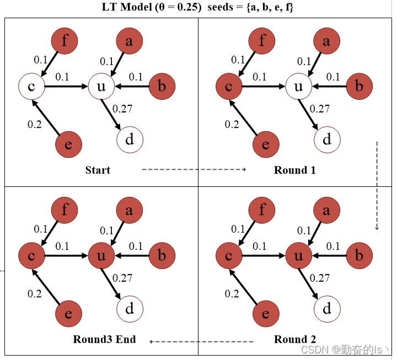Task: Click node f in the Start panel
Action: pos(65,40)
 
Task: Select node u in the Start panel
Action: pos(101,86)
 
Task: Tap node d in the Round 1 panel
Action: pos(327,139)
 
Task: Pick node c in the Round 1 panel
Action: pos(229,86)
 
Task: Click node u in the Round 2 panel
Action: pos(298,256)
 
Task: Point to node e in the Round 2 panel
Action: pos(266,314)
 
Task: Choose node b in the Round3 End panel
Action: pos(162,256)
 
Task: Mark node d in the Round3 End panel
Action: pos(130,309)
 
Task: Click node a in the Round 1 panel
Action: pos(327,40)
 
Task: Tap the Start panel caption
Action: pos(98,170)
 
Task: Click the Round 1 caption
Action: pos(294,170)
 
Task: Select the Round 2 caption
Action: pos(294,339)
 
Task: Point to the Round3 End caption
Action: pos(104,339)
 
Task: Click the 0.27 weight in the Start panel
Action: pos(122,109)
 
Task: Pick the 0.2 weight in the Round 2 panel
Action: pos(232,294)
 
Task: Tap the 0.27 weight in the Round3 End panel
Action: pos(122,278)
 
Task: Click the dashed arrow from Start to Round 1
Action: pos(194,170)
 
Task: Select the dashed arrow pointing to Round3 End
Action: pos(201,342)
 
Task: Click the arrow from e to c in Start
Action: pos(46,116)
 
